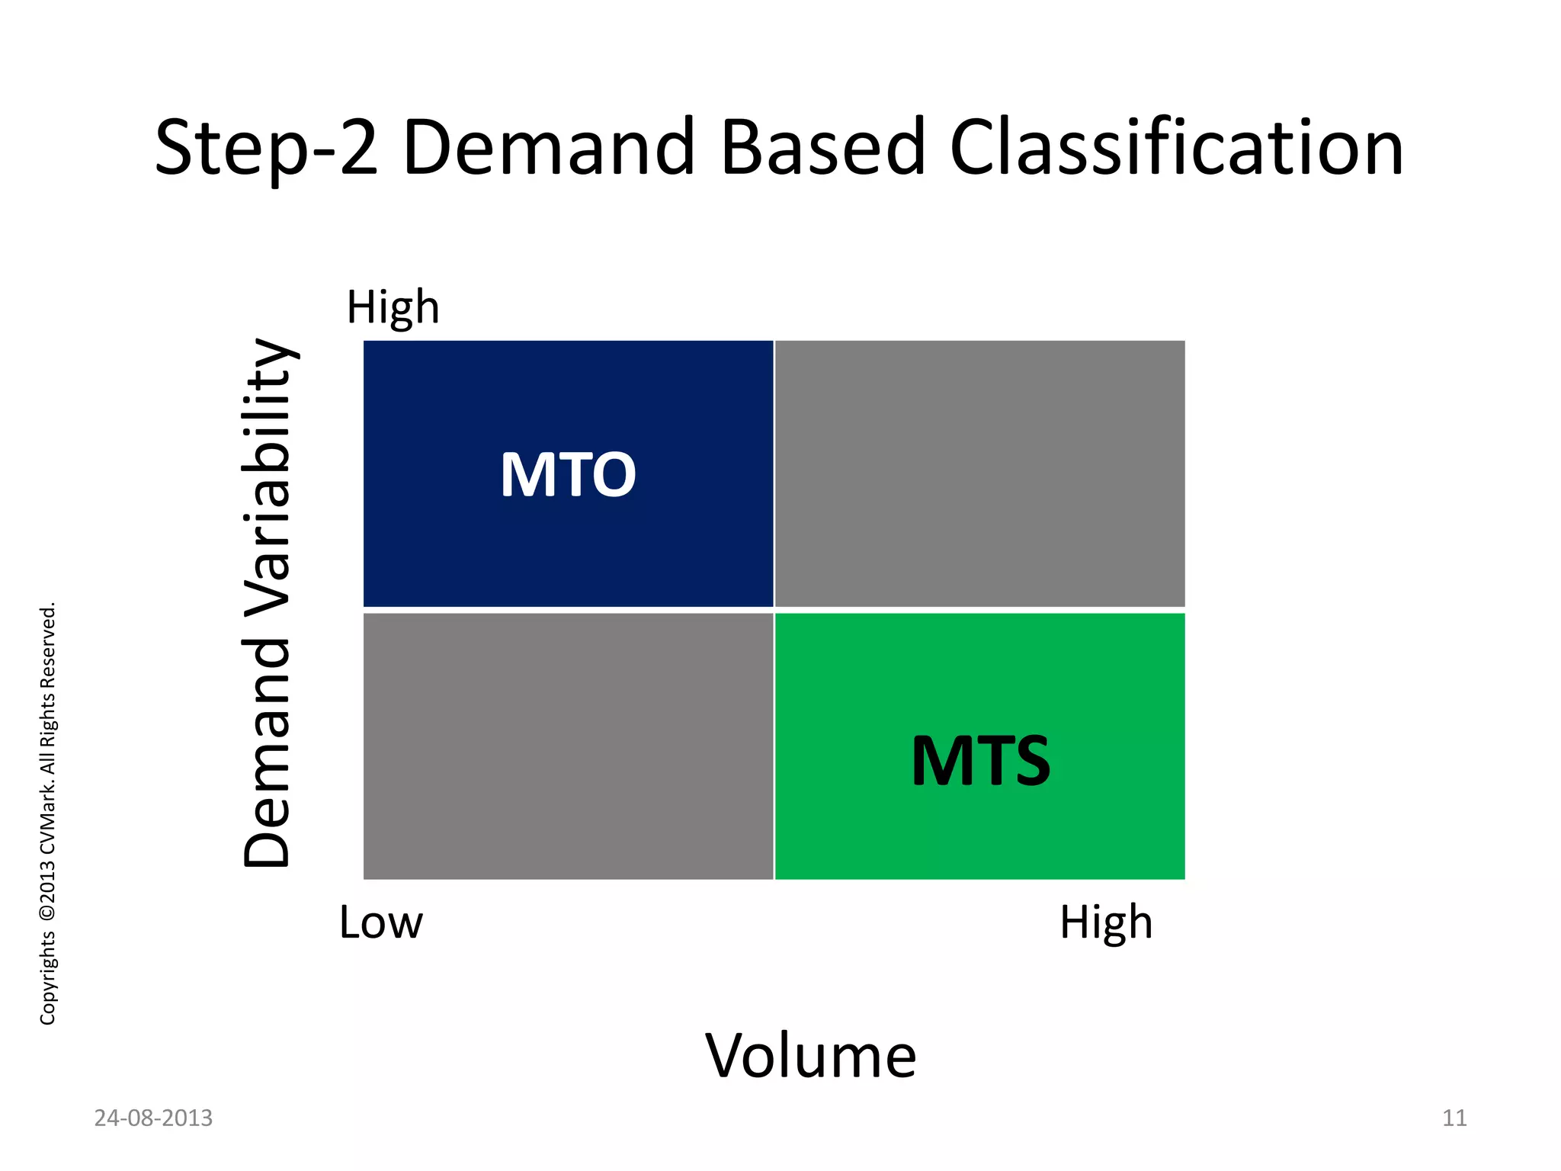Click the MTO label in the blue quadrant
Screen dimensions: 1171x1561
pyautogui.click(x=568, y=475)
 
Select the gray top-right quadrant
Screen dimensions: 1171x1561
pyautogui.click(x=979, y=473)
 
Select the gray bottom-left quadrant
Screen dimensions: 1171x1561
pyautogui.click(x=568, y=746)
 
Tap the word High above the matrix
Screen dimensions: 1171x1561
pyautogui.click(x=393, y=307)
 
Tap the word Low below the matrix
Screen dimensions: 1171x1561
pyautogui.click(x=380, y=922)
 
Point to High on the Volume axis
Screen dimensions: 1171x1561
pyautogui.click(x=1106, y=922)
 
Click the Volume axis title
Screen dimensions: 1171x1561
pyautogui.click(x=810, y=1056)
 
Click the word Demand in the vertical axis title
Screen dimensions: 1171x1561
pyautogui.click(x=268, y=754)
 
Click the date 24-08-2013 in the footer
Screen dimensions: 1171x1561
pyautogui.click(x=153, y=1118)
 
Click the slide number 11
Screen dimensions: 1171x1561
pyautogui.click(x=1454, y=1118)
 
